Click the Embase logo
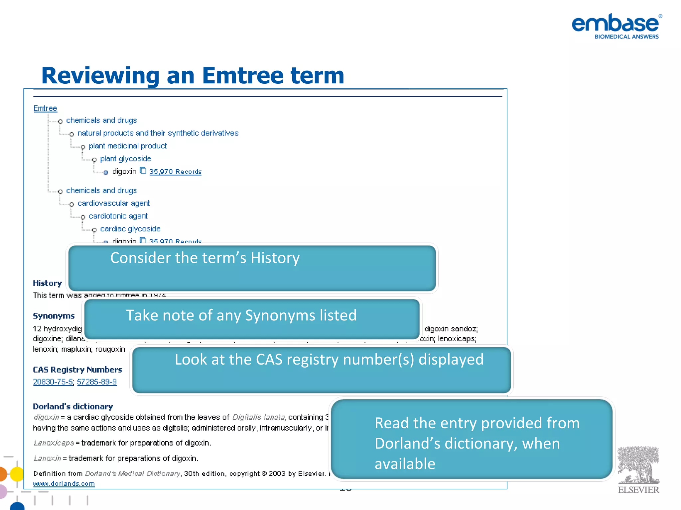(x=616, y=26)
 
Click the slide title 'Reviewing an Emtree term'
(x=193, y=75)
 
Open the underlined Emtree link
(x=45, y=108)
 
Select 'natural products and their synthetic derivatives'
(x=158, y=133)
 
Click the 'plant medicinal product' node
(x=127, y=146)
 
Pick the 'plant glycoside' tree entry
(x=125, y=159)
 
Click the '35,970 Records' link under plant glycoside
(x=175, y=172)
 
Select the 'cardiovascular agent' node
(x=113, y=203)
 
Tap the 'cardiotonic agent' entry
(x=118, y=216)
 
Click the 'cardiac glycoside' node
(x=130, y=229)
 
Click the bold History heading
(x=47, y=283)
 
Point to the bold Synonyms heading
(x=54, y=316)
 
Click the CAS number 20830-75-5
(x=53, y=382)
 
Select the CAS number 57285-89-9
(x=97, y=382)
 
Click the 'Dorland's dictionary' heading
(x=73, y=406)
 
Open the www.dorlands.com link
(x=64, y=483)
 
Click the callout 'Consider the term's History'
(x=252, y=268)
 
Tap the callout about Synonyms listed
(x=252, y=319)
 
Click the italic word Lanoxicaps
(x=54, y=443)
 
